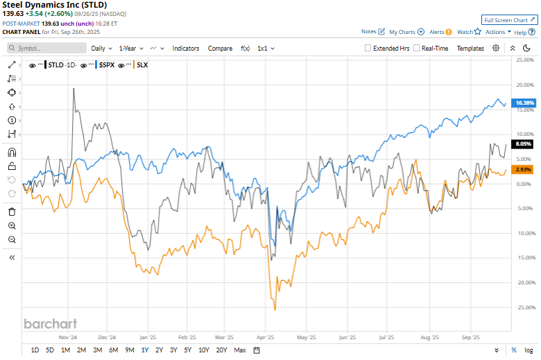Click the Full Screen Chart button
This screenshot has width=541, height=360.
click(509, 21)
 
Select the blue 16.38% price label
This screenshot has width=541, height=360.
click(524, 103)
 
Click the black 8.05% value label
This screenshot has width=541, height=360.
click(522, 144)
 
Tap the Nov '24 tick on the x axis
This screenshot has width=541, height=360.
click(67, 338)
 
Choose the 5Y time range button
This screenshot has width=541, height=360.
click(188, 350)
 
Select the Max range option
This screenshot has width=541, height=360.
click(240, 350)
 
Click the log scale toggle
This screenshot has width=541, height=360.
click(529, 350)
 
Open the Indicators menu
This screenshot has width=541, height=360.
click(186, 49)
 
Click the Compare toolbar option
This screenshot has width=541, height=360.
click(220, 49)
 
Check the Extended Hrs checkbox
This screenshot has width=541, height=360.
click(368, 49)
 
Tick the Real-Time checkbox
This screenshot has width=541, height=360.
click(416, 49)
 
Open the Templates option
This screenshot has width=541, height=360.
click(470, 49)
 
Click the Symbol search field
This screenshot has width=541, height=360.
click(46, 49)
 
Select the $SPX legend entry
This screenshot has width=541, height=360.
click(106, 65)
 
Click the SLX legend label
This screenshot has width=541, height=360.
click(142, 65)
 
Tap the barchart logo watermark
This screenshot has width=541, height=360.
click(51, 323)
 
